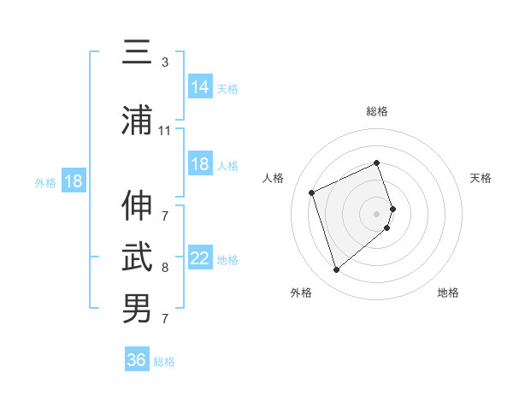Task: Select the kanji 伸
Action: tap(137, 206)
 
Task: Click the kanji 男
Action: tap(137, 307)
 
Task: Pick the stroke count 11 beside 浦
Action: tap(165, 131)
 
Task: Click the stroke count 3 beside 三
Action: tap(165, 62)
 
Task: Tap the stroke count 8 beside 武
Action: tap(165, 268)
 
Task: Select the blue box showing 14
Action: tap(200, 87)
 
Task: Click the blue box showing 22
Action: tap(200, 258)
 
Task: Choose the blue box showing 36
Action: tap(137, 360)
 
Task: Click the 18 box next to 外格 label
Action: tap(73, 181)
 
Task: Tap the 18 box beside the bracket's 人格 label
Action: tap(200, 164)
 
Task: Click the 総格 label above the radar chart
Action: tap(377, 111)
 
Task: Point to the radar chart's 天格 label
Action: tap(481, 178)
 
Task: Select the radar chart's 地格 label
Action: tap(448, 293)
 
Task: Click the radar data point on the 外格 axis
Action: tap(337, 270)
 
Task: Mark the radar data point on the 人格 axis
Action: tap(312, 192)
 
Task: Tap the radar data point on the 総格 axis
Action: tap(377, 163)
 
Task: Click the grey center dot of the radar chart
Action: tap(377, 213)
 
